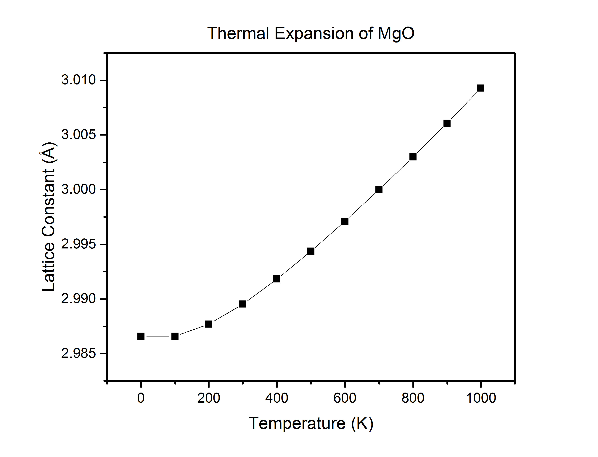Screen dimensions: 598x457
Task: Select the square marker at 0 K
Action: (141, 336)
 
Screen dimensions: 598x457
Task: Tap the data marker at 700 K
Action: (379, 190)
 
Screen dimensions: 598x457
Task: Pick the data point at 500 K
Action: (311, 251)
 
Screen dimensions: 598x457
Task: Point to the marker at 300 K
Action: (243, 304)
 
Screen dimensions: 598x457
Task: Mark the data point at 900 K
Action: (447, 123)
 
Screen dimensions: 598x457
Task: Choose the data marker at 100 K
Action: (175, 336)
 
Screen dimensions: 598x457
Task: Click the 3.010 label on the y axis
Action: (79, 80)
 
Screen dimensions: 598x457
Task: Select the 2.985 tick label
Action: (79, 354)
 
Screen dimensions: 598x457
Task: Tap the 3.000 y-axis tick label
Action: (79, 189)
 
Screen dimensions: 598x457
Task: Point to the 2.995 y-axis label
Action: (79, 244)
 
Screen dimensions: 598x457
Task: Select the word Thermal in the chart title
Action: (238, 33)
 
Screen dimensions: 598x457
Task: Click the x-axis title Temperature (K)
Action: (311, 424)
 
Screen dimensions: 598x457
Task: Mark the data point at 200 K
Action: (209, 324)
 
